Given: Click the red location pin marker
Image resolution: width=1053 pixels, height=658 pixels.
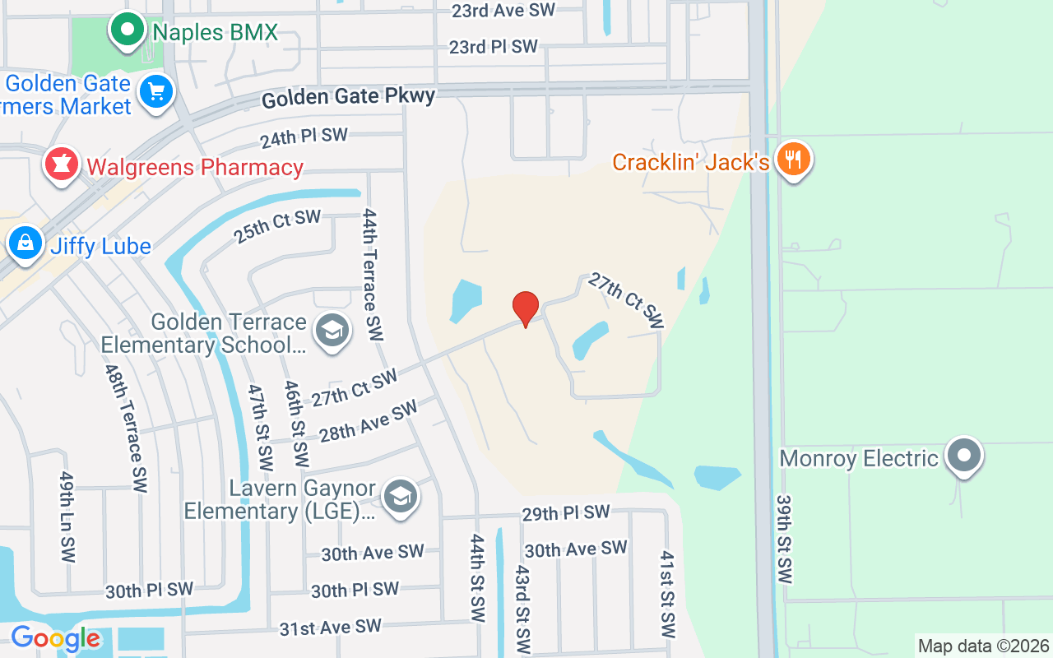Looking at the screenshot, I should point(526,308).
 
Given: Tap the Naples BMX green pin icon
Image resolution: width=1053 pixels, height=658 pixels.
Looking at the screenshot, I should point(128,30).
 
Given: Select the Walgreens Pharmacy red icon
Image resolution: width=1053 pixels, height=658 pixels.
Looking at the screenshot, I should point(61,164).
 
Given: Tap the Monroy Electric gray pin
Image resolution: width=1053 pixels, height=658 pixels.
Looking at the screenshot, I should point(964,455).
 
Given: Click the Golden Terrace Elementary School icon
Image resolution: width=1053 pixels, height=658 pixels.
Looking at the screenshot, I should point(332,331).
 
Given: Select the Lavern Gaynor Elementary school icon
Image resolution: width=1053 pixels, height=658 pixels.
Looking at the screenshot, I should point(401,496).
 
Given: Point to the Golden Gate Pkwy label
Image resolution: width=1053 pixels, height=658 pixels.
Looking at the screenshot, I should point(348,98).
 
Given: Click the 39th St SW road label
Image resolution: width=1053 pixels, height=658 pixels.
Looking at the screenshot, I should point(784,540).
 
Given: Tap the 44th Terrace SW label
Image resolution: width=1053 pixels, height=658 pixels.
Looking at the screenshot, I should point(372,275).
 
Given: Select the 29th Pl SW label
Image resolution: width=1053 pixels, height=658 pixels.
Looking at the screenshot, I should point(566,513).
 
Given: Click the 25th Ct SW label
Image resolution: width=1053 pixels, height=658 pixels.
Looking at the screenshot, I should point(277,226).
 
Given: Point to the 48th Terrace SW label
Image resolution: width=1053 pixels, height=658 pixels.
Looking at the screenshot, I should point(126,428).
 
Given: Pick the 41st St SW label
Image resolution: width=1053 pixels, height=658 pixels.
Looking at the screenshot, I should point(667,594).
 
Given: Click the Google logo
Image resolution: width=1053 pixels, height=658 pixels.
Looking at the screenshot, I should point(55,638).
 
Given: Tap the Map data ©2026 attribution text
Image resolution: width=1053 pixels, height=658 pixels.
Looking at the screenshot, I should point(983,646).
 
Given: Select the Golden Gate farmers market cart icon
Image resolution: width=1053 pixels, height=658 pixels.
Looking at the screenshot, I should point(156,90).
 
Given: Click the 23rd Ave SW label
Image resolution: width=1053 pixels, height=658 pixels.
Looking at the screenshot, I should point(503,11).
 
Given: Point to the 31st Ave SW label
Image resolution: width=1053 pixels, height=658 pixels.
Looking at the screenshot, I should point(330,628).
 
